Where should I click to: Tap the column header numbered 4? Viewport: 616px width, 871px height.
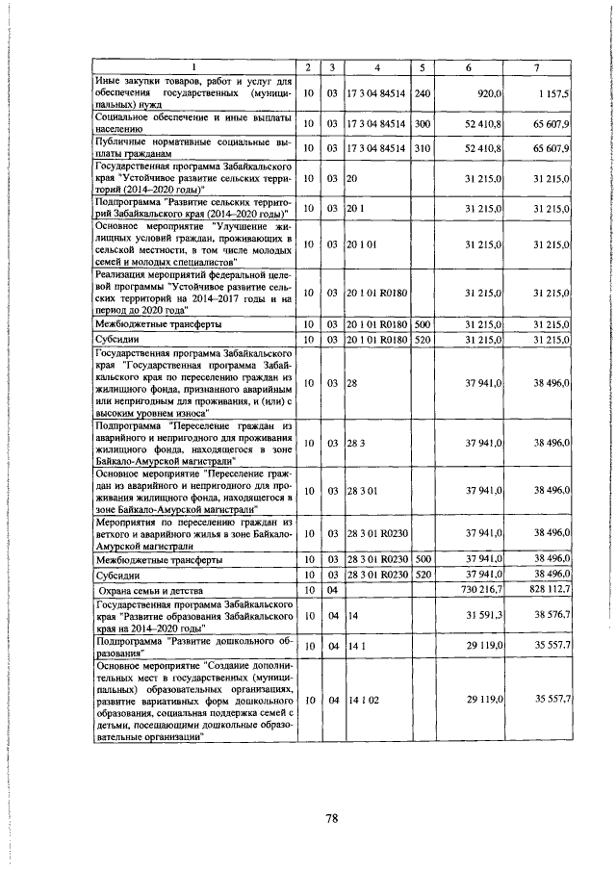click(x=377, y=65)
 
